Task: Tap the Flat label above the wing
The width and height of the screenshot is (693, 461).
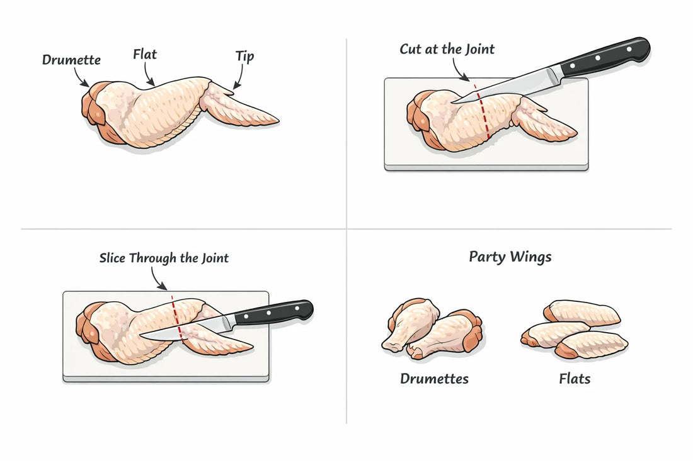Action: click(145, 54)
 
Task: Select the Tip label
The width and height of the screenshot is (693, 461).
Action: click(244, 57)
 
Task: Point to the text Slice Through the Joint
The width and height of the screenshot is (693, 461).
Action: click(164, 258)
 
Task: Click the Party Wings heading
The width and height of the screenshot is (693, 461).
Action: click(510, 257)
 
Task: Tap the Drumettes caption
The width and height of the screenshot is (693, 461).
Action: click(434, 379)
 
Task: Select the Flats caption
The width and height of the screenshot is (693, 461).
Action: click(575, 379)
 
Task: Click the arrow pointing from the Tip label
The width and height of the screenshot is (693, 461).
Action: click(238, 79)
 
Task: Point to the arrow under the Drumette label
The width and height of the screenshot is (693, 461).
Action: click(82, 79)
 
